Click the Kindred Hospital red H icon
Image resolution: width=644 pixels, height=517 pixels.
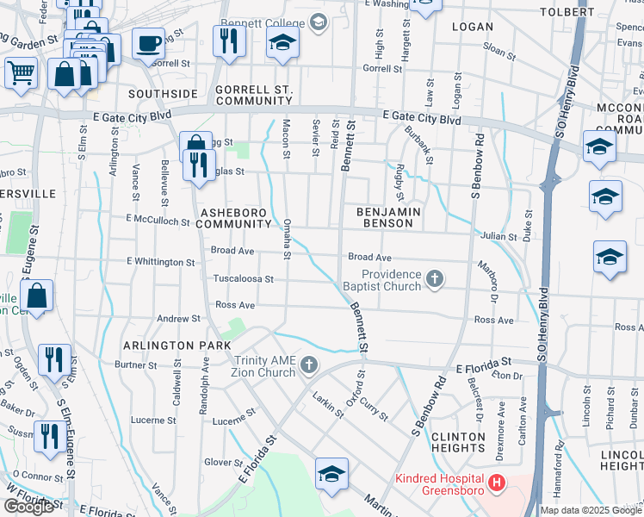point(496,484)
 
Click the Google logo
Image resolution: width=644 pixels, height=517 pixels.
point(28,507)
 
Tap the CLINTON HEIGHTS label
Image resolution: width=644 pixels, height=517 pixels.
point(458,442)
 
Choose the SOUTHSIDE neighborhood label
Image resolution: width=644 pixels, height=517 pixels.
point(164,93)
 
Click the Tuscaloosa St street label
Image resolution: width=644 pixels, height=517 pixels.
point(244,279)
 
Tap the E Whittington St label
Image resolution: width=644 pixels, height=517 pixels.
point(160,261)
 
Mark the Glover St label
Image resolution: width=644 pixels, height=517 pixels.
point(221,463)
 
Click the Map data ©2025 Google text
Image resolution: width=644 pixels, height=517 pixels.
point(591,510)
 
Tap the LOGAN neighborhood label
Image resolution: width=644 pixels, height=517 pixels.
point(473,27)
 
